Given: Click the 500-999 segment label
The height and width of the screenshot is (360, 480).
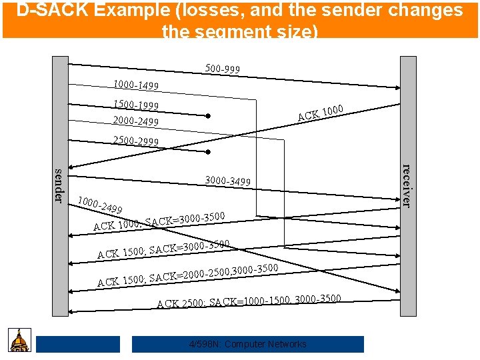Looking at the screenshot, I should [x=223, y=69].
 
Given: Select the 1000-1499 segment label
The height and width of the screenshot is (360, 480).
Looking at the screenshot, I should [x=136, y=85].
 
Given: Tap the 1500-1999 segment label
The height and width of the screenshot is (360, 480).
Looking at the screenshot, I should [x=136, y=105].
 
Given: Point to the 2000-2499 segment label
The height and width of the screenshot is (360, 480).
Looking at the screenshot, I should [x=136, y=121].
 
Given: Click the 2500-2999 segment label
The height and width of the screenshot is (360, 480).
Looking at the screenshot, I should [x=136, y=141].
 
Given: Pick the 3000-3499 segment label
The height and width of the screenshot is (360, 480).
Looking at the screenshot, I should [x=228, y=181].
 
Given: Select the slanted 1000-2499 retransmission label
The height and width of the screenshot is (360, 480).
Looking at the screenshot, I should [x=99, y=205].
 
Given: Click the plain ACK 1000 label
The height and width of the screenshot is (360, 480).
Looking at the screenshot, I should [x=320, y=113].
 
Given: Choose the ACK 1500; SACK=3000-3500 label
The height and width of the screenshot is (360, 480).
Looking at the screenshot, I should [x=163, y=249].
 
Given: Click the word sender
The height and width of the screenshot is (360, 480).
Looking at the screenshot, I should [x=59, y=186].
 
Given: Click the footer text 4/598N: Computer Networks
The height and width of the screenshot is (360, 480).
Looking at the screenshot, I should [x=247, y=344].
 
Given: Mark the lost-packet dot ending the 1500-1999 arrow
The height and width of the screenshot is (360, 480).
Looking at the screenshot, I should [x=208, y=116].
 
